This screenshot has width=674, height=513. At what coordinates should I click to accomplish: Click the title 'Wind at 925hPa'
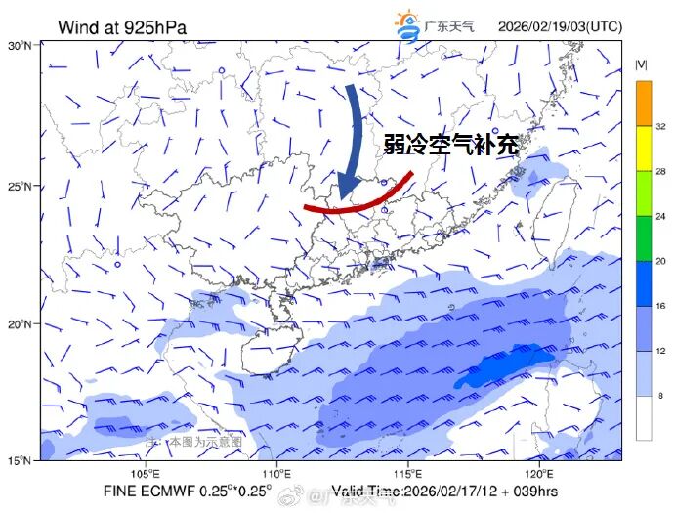pos(122,26)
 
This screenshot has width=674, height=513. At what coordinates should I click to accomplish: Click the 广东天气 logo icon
pos(406,24)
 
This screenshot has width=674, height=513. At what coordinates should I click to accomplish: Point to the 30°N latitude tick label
pos(20,45)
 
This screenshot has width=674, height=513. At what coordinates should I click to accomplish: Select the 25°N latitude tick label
pos(20,186)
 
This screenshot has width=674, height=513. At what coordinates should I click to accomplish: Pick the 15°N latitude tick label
pos(20,460)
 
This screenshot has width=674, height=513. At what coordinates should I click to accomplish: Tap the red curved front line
pos(357,200)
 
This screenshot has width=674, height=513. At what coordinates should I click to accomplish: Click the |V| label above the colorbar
pos(642,64)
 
